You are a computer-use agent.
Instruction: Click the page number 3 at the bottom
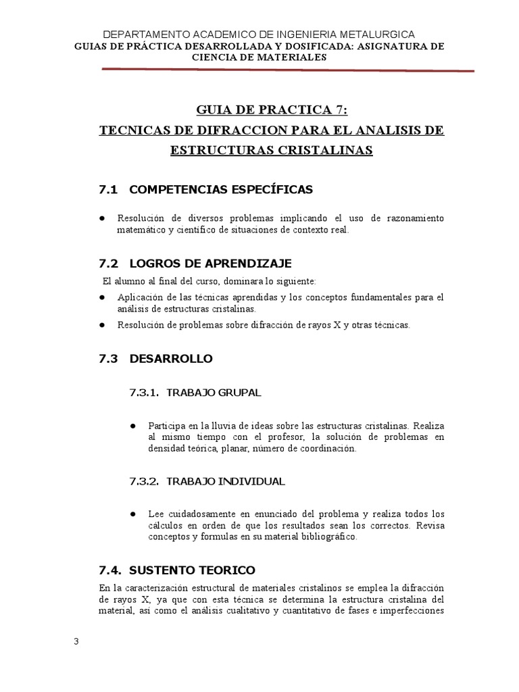pos(76,641)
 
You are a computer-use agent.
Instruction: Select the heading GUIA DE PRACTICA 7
pos(272,111)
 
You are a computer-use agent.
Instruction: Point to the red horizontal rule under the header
pos(287,69)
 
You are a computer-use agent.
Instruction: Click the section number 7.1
pos(108,190)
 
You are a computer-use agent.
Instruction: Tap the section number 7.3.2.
pos(143,481)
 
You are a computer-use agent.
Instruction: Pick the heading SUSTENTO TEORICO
pos(192,570)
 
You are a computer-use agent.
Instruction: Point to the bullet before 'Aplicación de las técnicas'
pos(102,297)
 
